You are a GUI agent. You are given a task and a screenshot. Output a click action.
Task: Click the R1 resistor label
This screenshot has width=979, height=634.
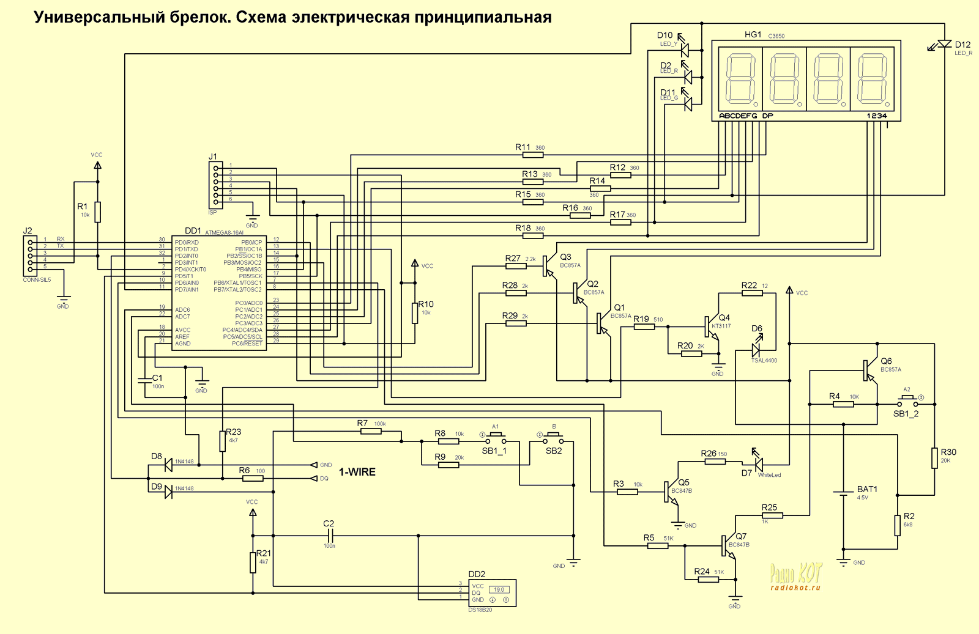(82, 207)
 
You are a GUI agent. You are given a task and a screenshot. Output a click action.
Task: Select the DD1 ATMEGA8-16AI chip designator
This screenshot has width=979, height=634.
(193, 230)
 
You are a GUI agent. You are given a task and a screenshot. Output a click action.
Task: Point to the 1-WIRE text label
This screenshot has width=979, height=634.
(357, 472)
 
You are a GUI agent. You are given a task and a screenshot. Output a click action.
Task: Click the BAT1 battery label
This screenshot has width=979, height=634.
(867, 489)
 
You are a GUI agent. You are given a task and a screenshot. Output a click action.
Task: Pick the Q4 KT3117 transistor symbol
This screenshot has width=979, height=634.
(712, 326)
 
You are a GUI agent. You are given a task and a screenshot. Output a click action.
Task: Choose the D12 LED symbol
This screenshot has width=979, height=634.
(944, 44)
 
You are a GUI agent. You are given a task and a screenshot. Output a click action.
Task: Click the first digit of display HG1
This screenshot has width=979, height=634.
(740, 80)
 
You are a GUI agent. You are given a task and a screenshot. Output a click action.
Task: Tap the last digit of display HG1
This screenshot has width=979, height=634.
(872, 80)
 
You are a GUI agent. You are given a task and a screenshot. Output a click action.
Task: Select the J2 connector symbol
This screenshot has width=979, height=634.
(29, 256)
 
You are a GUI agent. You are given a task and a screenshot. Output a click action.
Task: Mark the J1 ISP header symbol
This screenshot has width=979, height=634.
(215, 185)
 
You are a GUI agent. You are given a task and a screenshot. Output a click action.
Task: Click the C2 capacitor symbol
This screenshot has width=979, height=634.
(329, 536)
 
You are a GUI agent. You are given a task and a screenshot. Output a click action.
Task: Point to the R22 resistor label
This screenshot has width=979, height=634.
(749, 286)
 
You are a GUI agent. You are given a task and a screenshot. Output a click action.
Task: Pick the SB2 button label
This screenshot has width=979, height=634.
(554, 451)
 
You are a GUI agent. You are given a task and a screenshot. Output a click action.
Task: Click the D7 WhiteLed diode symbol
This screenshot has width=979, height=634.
(758, 465)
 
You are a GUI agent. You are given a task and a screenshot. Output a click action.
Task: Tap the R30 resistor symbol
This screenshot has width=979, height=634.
(934, 458)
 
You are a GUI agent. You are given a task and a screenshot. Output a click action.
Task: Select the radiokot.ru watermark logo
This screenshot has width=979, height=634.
(795, 577)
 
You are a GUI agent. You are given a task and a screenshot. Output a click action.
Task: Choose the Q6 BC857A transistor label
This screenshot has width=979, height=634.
(886, 361)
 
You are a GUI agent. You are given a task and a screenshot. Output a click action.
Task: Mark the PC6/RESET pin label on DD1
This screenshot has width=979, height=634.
(247, 344)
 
